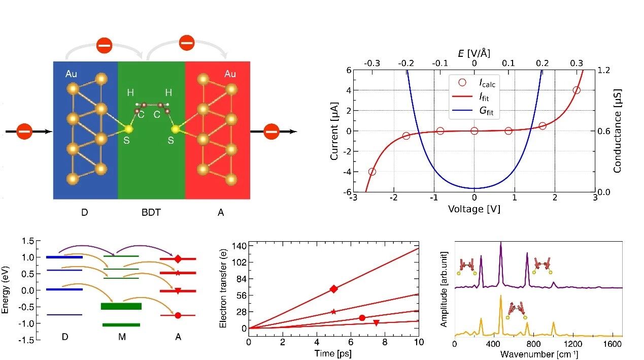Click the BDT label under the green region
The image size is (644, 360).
pos(151,212)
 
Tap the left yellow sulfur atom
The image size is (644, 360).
pos(128,129)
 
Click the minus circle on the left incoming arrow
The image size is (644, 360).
pos(24,132)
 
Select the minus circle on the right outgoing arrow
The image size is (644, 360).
pos(271,132)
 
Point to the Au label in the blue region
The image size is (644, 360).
pos(71,74)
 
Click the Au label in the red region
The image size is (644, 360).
pos(230,74)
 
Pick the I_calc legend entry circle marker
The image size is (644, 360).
pos(462,83)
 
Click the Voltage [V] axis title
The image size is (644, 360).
pos(474,209)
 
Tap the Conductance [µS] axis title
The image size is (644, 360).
pos(617,131)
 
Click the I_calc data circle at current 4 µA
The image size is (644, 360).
pos(576,90)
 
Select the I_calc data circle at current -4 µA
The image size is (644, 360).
pos(372,172)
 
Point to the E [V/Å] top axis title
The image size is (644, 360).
pos(474,53)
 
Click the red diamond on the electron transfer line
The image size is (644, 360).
pos(333,289)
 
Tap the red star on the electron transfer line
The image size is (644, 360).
pos(333,312)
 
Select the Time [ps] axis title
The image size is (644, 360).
pos(333,353)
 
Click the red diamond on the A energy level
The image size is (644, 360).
pos(178,259)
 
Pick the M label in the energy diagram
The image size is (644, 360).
pos(122,337)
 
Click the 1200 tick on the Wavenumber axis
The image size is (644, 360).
pos(573,344)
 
